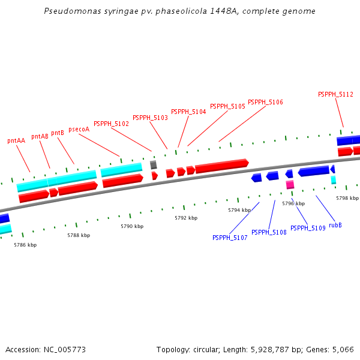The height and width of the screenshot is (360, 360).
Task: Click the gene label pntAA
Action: point(16,140)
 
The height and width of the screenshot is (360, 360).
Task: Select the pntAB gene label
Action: point(40,136)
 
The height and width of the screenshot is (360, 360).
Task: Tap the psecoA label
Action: point(79,129)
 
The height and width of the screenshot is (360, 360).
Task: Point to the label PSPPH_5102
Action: point(111,124)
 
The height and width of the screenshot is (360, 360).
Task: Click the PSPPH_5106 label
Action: point(265,102)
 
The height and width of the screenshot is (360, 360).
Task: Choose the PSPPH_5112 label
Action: point(335,94)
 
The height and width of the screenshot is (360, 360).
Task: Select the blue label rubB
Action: point(335,225)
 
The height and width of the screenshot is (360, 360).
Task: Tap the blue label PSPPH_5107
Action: point(230,238)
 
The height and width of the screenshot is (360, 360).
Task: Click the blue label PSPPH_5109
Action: point(308,228)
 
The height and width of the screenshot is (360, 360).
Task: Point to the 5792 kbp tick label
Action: point(186,218)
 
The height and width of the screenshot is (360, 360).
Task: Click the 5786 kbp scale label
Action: point(25,245)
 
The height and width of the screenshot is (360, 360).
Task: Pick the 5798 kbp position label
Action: point(347,198)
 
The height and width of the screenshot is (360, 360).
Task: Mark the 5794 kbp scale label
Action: point(239,210)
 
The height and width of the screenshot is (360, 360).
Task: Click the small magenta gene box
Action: point(290,185)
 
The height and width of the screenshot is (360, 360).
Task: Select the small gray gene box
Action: point(154,164)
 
